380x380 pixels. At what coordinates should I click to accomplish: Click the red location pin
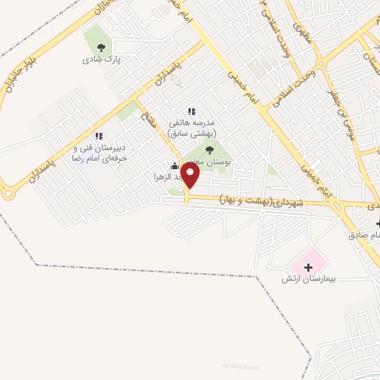pos(191,175)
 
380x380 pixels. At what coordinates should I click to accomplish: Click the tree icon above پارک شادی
pos(102,45)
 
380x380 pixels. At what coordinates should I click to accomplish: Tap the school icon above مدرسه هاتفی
pos(191,111)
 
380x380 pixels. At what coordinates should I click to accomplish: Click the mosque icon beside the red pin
pos(174,166)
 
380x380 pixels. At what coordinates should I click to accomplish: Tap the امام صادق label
pos(367,235)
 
